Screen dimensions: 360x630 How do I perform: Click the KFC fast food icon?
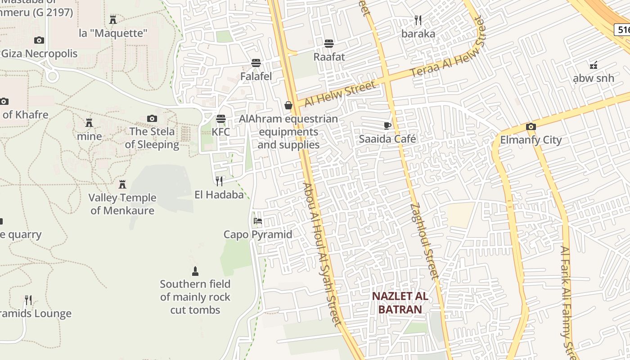[220, 119]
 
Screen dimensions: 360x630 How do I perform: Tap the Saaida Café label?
[387, 139]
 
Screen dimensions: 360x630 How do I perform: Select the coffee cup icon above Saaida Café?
[387, 126]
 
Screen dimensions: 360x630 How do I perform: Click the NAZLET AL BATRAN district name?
[400, 303]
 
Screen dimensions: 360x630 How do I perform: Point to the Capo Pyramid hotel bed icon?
[258, 221]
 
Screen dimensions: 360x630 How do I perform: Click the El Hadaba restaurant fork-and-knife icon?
[219, 181]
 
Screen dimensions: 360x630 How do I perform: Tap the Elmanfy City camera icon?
[531, 126]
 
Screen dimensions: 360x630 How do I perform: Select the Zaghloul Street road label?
[424, 241]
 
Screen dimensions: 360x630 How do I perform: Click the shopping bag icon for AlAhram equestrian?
[288, 105]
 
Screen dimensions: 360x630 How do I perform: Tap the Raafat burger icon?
[329, 44]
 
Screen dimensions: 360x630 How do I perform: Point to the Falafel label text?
[256, 76]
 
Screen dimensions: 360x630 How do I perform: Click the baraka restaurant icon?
[418, 20]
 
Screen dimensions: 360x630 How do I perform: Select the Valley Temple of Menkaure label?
[122, 204]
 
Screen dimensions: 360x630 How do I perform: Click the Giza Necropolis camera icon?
[39, 40]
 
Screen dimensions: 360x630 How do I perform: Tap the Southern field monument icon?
[195, 271]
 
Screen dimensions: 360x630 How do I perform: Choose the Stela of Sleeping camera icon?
[152, 118]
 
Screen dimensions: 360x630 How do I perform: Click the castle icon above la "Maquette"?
[113, 19]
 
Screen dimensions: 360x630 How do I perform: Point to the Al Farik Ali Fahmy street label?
[567, 301]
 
